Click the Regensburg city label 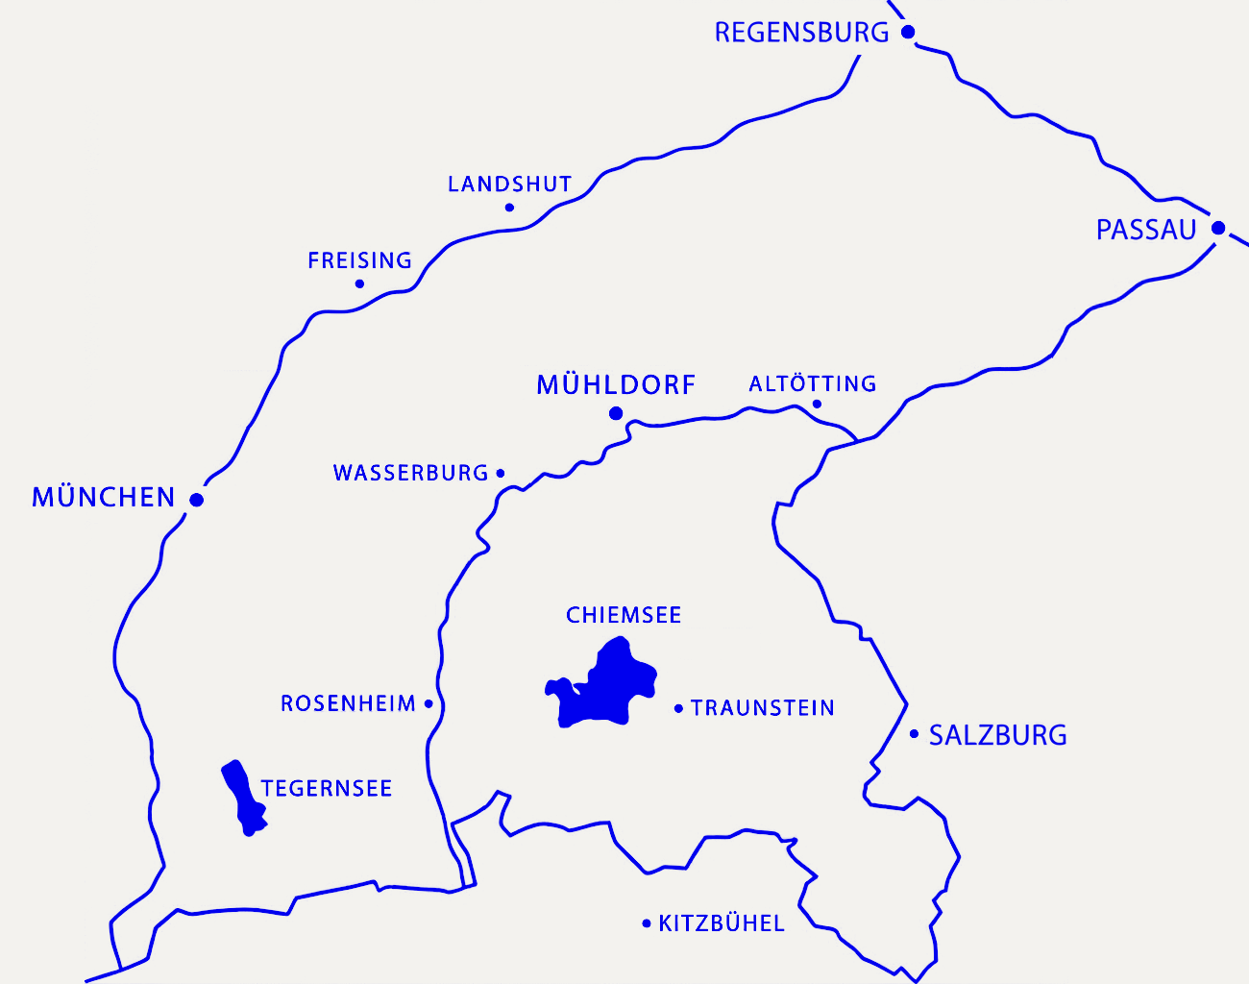pos(801,33)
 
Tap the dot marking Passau pos(1218,228)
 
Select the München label pos(103,498)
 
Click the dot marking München pos(196,500)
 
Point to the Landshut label pos(509,184)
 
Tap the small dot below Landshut pos(509,208)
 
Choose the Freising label pos(359,260)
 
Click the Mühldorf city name pos(615,385)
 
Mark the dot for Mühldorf pos(616,413)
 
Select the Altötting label pos(812,384)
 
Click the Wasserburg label pos(410,473)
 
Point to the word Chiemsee pos(624,615)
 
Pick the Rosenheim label pos(348,703)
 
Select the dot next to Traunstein pos(678,708)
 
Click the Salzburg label pos(997,735)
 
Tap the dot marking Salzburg pos(914,734)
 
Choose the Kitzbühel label pos(721,923)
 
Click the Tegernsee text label pos(327,789)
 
